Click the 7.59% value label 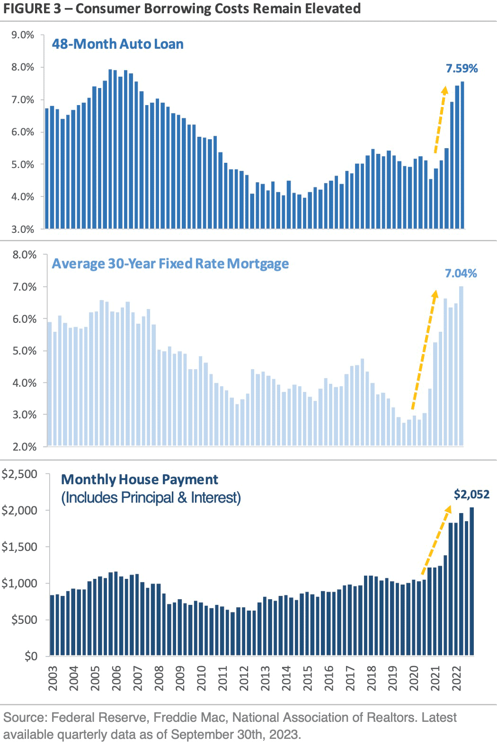(x=461, y=69)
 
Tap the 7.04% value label (x=461, y=274)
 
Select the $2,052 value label (x=471, y=495)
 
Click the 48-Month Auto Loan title (x=117, y=44)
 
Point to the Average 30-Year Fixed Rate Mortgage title (x=170, y=264)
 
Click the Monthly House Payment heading (x=140, y=479)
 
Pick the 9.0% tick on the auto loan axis (x=23, y=35)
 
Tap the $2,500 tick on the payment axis (x=19, y=474)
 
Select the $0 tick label (x=31, y=656)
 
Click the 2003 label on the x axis (x=53, y=678)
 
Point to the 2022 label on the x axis (x=457, y=678)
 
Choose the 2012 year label (x=244, y=678)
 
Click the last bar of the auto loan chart (x=462, y=155)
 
